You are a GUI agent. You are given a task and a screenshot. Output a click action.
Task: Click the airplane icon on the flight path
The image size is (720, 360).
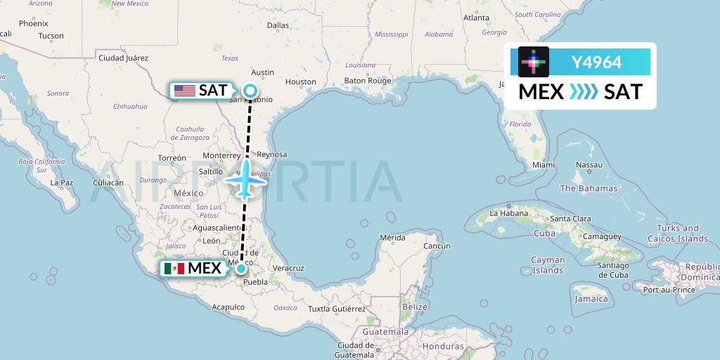click(245, 180)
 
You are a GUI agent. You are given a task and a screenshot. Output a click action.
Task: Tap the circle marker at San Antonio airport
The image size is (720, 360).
click(250, 90)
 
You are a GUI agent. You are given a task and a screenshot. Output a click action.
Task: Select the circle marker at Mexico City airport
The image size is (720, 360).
click(241, 268)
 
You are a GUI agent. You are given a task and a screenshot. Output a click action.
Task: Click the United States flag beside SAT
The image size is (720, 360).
click(185, 91)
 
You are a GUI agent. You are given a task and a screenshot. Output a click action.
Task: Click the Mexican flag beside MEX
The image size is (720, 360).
click(174, 269)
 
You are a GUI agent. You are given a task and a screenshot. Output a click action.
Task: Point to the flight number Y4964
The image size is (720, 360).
click(596, 62)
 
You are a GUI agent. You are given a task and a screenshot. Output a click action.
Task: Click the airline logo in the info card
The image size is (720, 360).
click(534, 62)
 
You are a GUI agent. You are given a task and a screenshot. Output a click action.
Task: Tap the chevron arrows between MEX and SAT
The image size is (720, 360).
click(584, 91)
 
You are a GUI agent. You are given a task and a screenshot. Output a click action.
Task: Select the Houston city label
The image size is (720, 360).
click(301, 82)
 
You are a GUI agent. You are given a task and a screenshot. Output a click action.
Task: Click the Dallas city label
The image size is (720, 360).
click(278, 25)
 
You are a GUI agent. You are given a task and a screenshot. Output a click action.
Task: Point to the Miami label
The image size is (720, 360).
click(544, 165)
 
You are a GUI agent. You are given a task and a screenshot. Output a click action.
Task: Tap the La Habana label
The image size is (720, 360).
click(508, 212)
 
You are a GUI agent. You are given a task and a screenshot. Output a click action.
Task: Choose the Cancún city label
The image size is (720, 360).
click(436, 245)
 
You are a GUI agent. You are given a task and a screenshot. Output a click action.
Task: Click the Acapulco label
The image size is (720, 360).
click(229, 307)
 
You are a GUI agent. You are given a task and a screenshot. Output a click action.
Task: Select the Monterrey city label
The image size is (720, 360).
click(221, 155)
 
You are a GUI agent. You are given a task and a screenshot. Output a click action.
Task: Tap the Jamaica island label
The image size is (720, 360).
click(591, 299)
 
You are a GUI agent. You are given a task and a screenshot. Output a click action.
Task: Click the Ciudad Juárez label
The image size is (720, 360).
click(123, 58)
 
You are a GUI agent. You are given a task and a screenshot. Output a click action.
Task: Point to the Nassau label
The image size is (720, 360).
click(589, 165)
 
